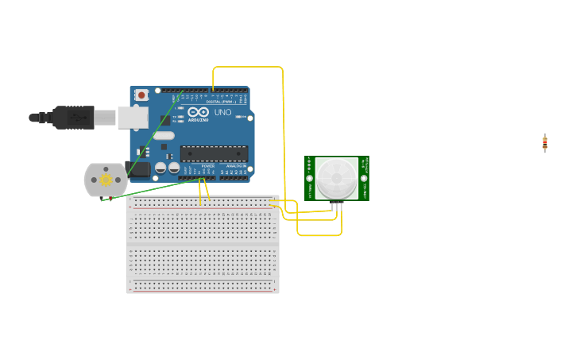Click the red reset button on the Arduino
coord(141,95)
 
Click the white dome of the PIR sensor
coord(336,178)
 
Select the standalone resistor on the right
coord(544,143)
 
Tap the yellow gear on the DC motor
coord(106,180)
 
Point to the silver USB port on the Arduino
coord(133,118)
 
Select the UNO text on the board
coord(223,113)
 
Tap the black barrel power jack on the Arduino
coord(138,169)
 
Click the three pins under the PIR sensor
coord(338,204)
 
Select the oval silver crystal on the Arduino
coord(164,136)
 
